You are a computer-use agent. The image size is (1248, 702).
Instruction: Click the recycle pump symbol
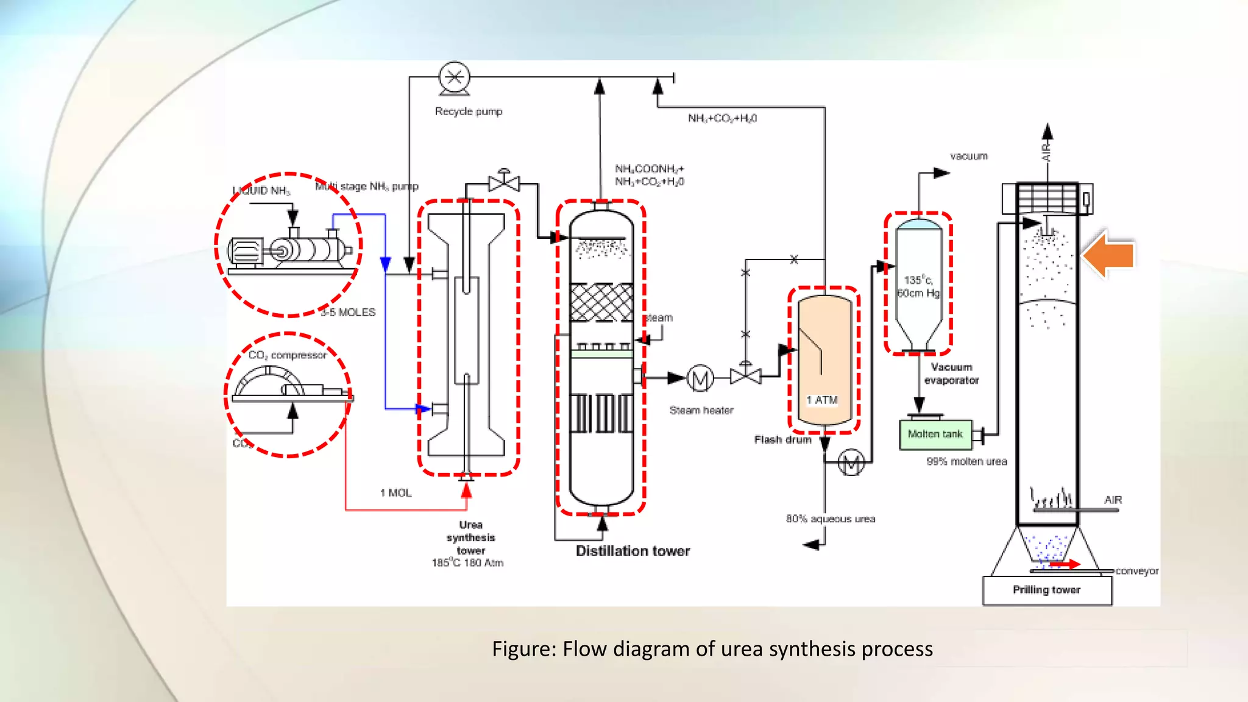pos(455,78)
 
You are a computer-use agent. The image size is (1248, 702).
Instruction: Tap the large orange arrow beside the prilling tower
pos(1109,254)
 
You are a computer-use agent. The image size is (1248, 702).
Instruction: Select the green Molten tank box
pos(935,434)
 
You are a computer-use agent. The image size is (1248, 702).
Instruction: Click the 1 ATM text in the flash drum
pos(822,400)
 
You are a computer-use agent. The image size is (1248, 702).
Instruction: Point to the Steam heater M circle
pos(700,379)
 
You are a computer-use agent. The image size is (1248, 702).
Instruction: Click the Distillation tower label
pos(633,551)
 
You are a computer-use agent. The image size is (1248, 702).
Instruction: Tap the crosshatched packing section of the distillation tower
pos(601,302)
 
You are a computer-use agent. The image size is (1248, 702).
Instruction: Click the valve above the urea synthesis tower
pos(504,182)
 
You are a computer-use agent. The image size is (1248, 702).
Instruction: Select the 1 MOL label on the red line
pos(396,493)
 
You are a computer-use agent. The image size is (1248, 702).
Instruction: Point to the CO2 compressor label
pos(288,355)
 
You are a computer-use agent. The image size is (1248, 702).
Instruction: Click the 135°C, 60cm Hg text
pos(918,286)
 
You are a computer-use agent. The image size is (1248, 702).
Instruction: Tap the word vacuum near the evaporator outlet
pos(969,157)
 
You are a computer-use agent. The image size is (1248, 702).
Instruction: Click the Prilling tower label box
pos(1046,590)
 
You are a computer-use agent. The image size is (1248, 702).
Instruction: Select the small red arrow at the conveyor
pos(1065,564)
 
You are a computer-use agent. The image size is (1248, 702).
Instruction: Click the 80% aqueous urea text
pos(830,519)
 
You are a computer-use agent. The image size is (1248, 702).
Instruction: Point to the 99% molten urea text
pos(966,462)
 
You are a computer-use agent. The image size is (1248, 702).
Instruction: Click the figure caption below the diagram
pos(712,649)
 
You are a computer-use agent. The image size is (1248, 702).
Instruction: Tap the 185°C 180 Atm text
pos(467,563)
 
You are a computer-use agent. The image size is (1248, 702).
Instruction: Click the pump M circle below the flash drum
pos(851,463)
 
